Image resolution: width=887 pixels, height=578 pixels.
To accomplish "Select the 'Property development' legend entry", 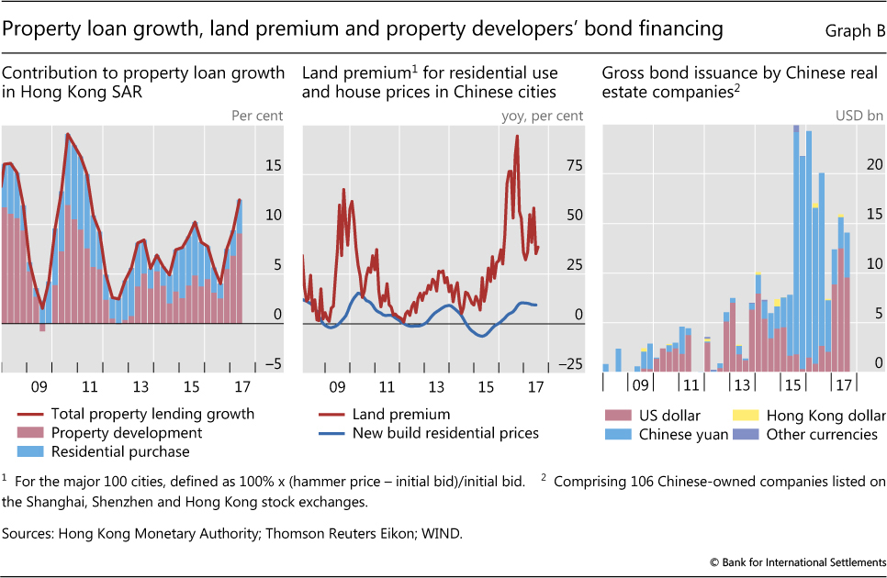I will point(125,432).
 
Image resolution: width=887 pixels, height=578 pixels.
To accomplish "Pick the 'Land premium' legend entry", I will point(400,414).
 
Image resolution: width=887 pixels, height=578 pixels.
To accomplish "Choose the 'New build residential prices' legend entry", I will point(446,432).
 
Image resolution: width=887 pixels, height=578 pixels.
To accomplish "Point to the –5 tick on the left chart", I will point(273,364).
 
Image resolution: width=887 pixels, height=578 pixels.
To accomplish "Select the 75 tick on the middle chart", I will point(573,166).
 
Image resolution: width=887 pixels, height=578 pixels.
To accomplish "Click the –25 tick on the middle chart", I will point(568,364).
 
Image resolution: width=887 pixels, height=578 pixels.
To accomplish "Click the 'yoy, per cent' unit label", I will point(541,116).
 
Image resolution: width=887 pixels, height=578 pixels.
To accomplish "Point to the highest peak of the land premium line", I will point(517,137).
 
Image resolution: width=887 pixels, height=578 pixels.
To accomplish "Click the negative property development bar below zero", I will point(42,328).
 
